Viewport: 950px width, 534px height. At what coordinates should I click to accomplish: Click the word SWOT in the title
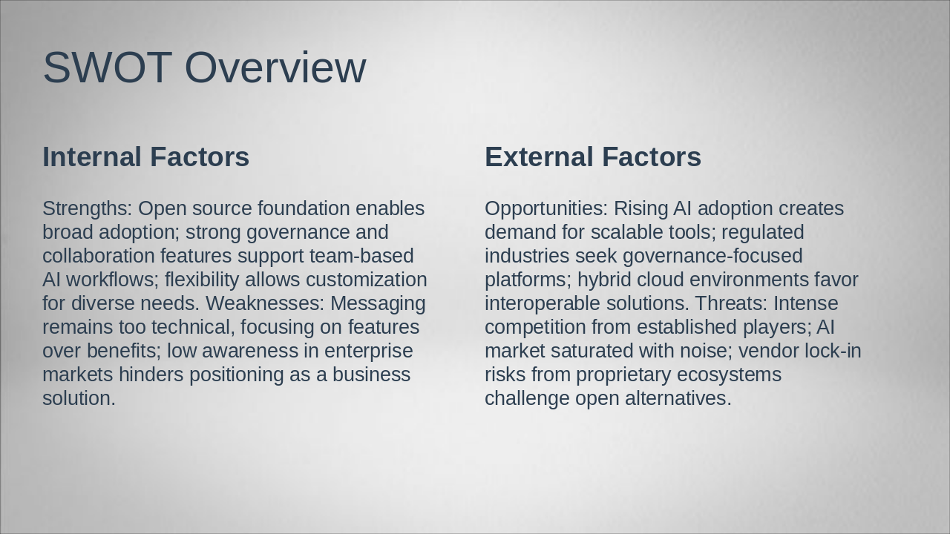[x=108, y=67]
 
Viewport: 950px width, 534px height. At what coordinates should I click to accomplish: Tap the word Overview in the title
[x=275, y=67]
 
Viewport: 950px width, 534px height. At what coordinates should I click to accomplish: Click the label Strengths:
[x=88, y=209]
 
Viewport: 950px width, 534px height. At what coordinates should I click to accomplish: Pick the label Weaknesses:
[x=265, y=303]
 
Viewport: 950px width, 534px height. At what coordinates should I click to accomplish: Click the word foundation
[x=304, y=208]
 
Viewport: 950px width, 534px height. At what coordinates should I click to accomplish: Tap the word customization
[x=367, y=280]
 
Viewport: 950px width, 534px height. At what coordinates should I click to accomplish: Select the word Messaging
[x=378, y=304]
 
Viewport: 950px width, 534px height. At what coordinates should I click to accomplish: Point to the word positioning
[x=236, y=375]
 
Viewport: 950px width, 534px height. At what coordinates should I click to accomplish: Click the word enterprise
[x=369, y=352]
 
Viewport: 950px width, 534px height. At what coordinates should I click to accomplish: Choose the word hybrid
[x=604, y=280]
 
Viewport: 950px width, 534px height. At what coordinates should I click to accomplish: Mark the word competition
[x=535, y=328]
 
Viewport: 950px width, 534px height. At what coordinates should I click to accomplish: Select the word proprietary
[x=623, y=375]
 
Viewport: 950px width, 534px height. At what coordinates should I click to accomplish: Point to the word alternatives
[x=678, y=398]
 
